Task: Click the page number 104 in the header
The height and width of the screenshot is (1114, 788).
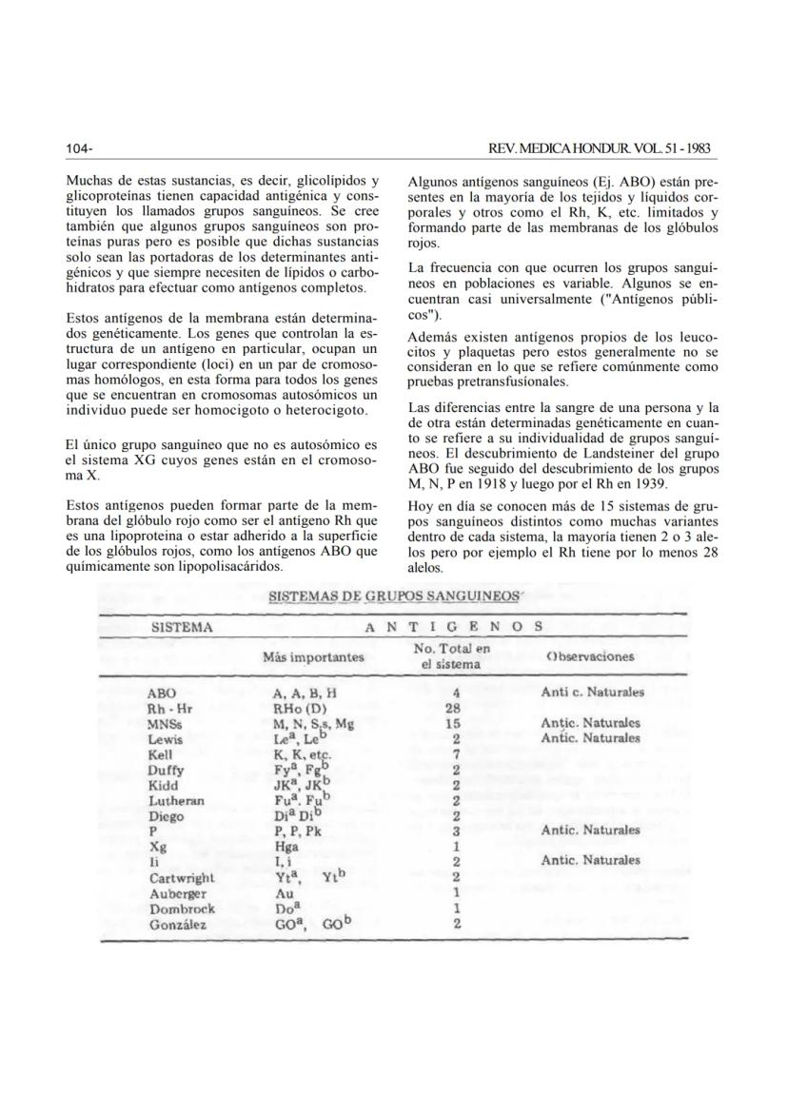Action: click(78, 149)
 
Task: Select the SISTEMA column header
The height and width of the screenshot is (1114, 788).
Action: click(182, 627)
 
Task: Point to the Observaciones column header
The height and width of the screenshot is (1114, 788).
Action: click(590, 656)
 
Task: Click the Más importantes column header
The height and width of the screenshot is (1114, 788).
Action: click(313, 656)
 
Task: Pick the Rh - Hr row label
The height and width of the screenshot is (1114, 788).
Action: click(171, 709)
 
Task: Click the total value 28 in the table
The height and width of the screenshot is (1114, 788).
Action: click(456, 709)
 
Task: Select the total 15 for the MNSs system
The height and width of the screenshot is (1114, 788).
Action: click(456, 724)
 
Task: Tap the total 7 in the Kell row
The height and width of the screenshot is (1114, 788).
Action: click(457, 754)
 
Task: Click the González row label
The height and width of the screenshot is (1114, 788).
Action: click(178, 923)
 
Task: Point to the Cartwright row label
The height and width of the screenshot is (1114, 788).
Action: click(182, 877)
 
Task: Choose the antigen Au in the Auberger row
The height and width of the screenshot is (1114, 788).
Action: click(283, 892)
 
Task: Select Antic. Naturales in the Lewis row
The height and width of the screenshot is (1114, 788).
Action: click(590, 738)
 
